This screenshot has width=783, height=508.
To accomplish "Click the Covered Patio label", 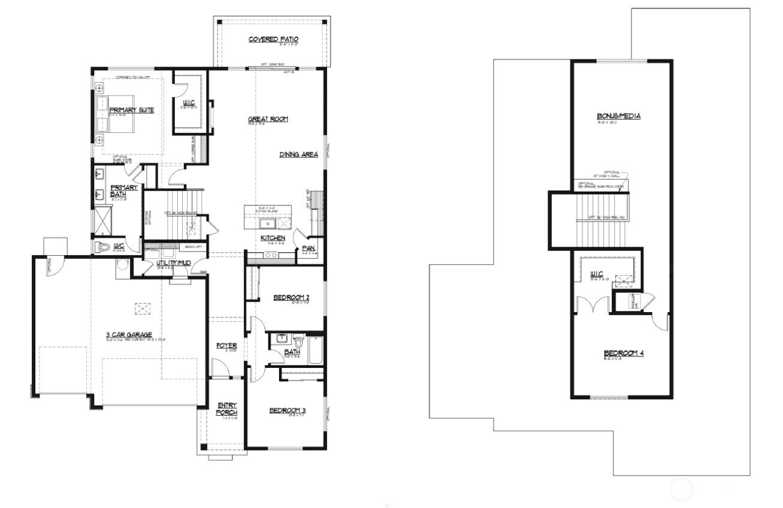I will coord(273,40).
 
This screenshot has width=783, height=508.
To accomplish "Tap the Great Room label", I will coord(268,119).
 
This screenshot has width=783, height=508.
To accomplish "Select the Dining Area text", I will coord(298,155).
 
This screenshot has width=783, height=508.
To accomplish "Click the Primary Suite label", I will coord(132,110).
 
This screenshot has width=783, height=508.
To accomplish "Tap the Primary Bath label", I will coord(123,190).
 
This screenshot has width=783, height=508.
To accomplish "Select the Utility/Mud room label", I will coord(174,263).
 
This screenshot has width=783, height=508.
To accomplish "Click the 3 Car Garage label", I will coord(129,335).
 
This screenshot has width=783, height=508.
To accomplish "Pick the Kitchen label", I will coord(273,238).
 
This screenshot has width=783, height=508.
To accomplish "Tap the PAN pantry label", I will coord(309,247).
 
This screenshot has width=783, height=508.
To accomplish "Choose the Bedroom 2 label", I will coord(291,297).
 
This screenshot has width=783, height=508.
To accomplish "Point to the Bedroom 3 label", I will coord(287,410).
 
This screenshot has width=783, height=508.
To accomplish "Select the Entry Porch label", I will coord(226,409).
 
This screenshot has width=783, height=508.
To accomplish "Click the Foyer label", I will coord(226,346).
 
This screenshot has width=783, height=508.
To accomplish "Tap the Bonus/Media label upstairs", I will coord(618,116).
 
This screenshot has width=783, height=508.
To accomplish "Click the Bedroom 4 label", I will coord(623,353).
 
